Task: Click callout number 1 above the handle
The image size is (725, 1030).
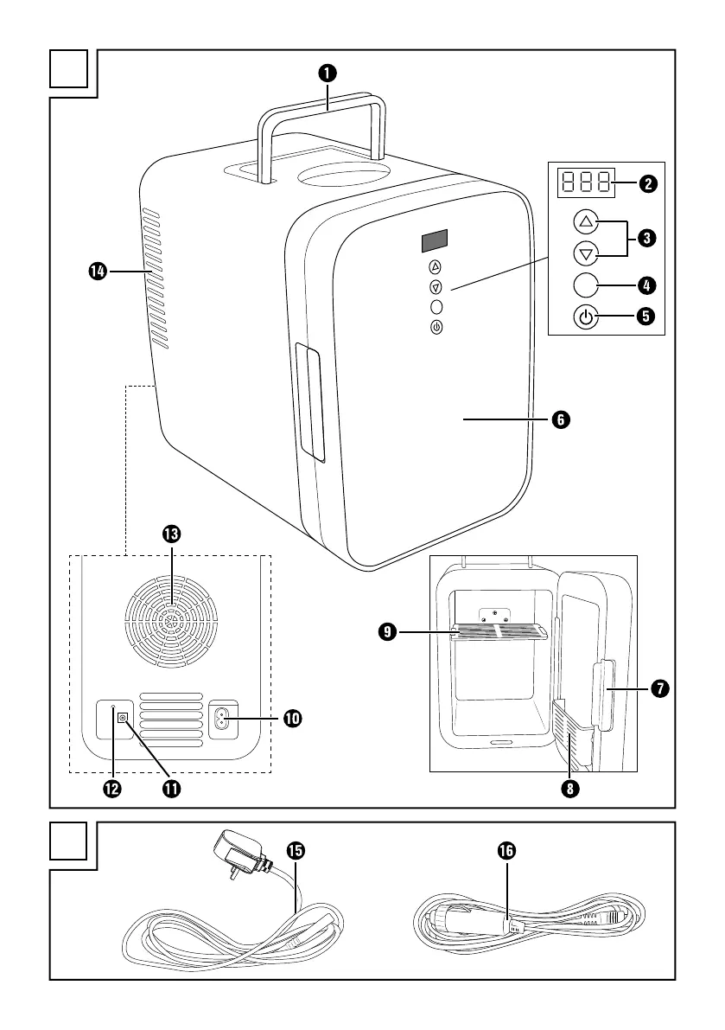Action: point(328,74)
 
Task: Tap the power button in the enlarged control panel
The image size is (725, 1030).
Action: point(587,317)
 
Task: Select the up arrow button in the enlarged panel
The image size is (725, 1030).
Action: point(587,221)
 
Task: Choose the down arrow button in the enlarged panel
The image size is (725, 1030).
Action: point(587,253)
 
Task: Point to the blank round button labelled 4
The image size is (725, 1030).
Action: point(587,284)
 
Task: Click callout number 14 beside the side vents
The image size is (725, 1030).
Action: point(98,272)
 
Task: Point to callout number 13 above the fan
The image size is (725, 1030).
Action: point(171,534)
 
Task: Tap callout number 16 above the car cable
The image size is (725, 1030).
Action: point(506,852)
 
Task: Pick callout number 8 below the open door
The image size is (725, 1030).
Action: point(569,788)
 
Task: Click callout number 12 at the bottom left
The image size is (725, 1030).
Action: point(112,788)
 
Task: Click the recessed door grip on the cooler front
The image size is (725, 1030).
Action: point(310,401)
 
